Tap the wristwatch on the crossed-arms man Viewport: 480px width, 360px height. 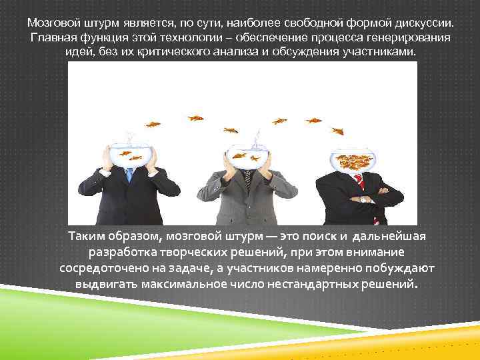coord(363,199)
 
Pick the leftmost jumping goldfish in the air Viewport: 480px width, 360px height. coord(153,124)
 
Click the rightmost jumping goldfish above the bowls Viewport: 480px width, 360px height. coord(337,131)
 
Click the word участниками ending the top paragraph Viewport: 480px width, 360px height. coord(379,51)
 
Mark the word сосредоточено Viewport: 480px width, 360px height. coord(99,268)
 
